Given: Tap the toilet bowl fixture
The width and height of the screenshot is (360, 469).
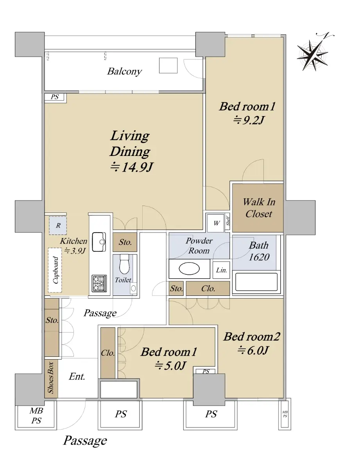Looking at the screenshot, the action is click(124, 264).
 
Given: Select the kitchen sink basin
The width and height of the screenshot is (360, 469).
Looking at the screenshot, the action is click(99, 242).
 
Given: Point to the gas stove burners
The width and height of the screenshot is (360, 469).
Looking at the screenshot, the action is click(99, 283).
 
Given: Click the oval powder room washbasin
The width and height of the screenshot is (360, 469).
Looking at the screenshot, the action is click(189, 269).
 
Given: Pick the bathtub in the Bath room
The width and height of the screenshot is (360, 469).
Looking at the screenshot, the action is click(256, 282).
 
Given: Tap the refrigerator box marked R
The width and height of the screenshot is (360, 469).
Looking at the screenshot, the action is click(58, 226).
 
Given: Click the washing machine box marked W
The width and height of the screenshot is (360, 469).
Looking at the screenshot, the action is click(216, 223).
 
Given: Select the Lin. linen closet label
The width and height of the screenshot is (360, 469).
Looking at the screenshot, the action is click(222, 270).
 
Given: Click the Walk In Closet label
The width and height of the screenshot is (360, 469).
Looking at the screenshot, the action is click(259, 208).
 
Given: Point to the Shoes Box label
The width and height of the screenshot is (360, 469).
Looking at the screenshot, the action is click(50, 378).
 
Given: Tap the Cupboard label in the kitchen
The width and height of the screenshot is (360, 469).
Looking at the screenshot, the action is click(56, 270).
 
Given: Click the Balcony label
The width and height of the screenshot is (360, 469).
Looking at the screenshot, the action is click(125, 72).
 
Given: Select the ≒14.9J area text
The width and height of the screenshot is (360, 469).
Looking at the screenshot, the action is click(131, 167).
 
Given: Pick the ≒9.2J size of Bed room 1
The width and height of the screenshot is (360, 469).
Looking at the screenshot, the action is click(248, 120).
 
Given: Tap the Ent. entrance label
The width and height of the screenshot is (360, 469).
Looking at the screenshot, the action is click(77, 377).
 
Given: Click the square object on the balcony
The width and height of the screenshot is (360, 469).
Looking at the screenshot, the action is click(168, 65).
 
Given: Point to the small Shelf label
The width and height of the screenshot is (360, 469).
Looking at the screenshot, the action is click(228, 221).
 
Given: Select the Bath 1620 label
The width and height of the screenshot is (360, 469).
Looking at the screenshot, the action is click(259, 251).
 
